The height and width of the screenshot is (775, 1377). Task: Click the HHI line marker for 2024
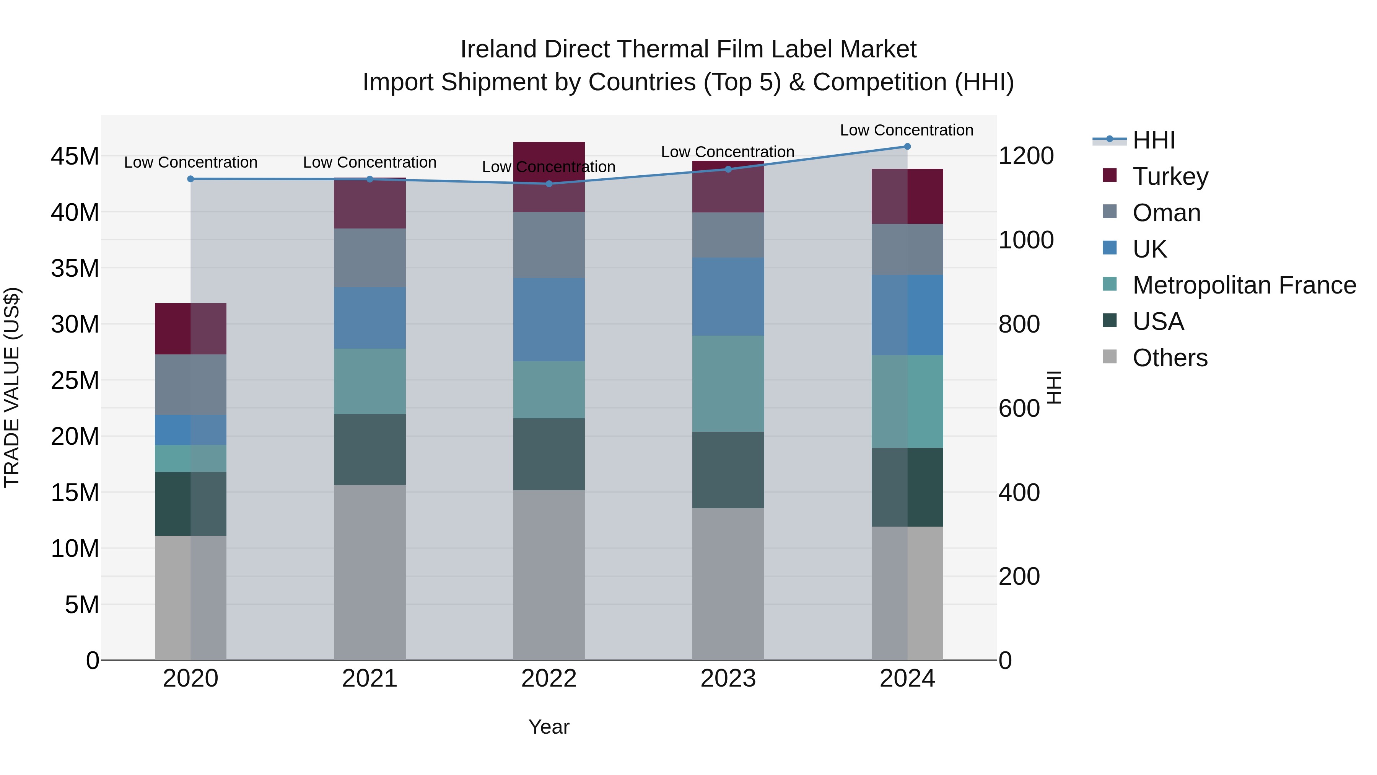point(907,147)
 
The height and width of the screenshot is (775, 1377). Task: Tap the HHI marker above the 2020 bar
point(190,179)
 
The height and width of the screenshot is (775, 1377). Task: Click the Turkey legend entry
point(1170,176)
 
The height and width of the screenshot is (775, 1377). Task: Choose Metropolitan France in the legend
point(1244,285)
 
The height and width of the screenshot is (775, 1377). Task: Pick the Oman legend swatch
point(1110,212)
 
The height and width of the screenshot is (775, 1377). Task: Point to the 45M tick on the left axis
point(75,157)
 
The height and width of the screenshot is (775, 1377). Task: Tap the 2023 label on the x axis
point(728,679)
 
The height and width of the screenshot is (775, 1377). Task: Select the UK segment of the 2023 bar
point(728,297)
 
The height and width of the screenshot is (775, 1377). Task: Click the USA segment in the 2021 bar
point(369,449)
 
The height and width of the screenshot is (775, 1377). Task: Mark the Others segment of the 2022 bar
point(549,575)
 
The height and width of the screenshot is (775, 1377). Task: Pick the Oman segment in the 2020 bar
point(190,385)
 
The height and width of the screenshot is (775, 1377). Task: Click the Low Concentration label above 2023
point(728,152)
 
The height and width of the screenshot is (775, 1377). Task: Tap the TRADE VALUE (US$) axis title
point(12,387)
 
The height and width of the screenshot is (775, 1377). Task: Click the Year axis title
point(549,727)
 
